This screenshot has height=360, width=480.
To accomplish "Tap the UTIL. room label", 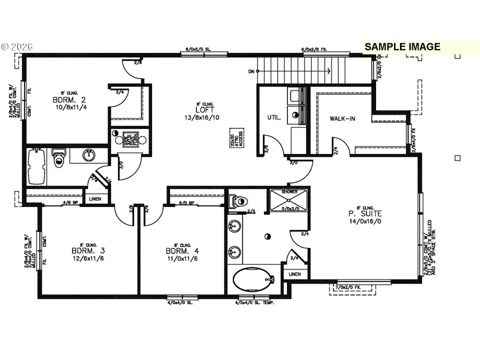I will pos(274,117).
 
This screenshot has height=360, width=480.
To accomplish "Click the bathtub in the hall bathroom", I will pos(36,167).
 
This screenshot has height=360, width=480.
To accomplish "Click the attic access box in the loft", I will pos(233,138).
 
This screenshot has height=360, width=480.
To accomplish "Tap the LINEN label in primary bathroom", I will pos(294,274).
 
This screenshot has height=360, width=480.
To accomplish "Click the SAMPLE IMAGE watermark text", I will pos(402,47).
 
